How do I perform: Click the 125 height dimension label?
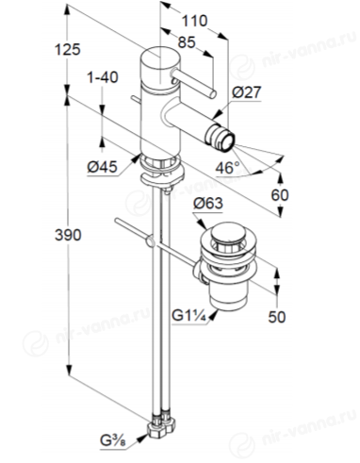(x=68, y=50)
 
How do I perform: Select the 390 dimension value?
(x=68, y=235)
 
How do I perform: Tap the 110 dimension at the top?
(x=195, y=21)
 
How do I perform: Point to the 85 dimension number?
(x=187, y=42)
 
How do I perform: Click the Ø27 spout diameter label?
(x=247, y=92)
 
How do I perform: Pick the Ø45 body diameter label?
(x=103, y=167)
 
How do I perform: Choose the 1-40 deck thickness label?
(x=103, y=77)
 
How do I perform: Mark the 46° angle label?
(x=227, y=168)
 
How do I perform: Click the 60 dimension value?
(x=280, y=195)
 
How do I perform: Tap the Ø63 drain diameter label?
(x=208, y=204)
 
